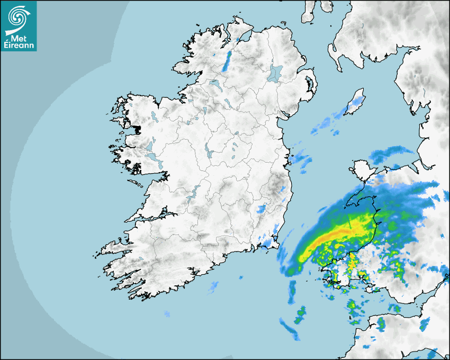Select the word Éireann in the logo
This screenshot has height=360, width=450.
(19, 45)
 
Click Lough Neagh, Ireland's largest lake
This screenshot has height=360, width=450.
(275, 73)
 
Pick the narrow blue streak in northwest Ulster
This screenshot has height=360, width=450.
(228, 60)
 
